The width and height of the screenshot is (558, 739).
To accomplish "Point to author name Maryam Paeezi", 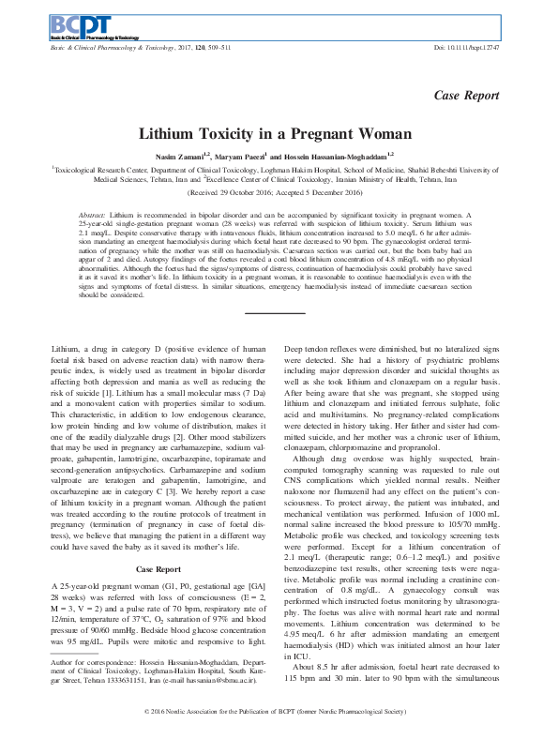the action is tap(245, 156).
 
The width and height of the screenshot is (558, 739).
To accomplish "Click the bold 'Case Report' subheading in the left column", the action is tap(157, 517).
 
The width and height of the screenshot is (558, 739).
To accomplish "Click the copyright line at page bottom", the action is tap(279, 714).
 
